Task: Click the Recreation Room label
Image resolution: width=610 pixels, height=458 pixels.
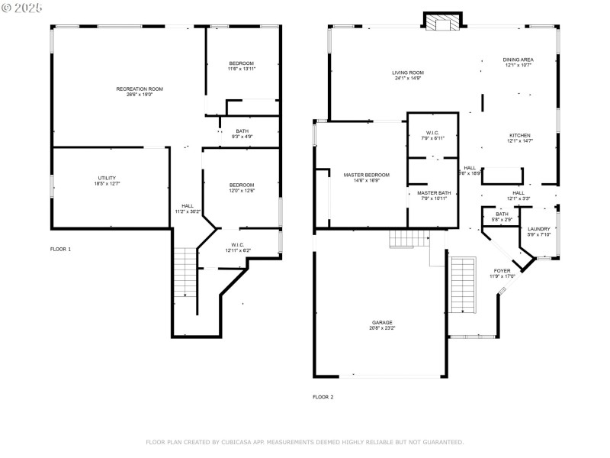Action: (x=140, y=89)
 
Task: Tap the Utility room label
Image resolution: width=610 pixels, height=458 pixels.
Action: (x=107, y=178)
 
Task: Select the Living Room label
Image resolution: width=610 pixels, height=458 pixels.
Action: (x=409, y=73)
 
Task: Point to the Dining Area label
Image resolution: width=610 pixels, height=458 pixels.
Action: (x=518, y=60)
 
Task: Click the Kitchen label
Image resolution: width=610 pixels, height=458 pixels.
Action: (x=520, y=135)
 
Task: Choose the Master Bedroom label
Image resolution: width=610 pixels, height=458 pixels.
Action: (x=366, y=175)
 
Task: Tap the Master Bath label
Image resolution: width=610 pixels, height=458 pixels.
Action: (x=434, y=193)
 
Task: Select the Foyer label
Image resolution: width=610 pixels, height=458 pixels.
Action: (x=502, y=270)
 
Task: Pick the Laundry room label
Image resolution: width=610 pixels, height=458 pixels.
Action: (x=539, y=229)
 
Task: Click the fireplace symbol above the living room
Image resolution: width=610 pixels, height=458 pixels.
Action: (x=443, y=23)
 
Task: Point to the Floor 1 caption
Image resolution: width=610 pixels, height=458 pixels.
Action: (x=60, y=250)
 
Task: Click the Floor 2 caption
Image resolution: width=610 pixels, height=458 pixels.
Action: (x=323, y=397)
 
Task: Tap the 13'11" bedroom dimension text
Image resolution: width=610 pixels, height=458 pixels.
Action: (x=242, y=69)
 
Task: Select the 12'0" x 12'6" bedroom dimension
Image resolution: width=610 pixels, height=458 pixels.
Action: (x=242, y=191)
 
